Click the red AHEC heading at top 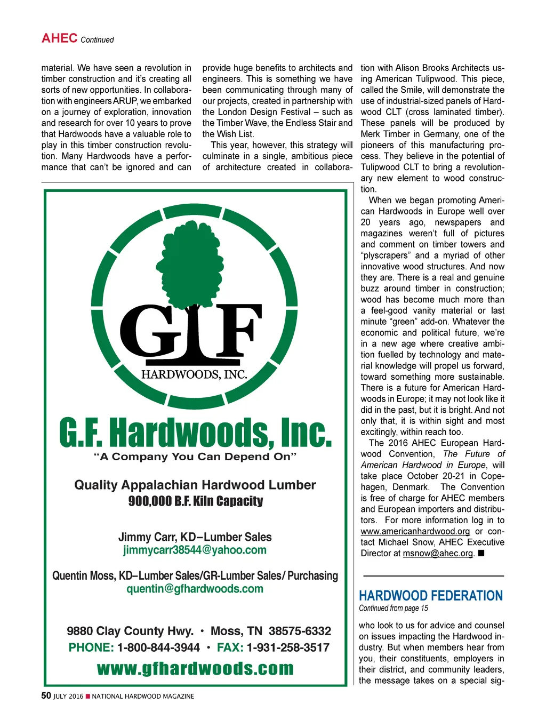coord(60,38)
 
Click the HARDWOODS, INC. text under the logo coord(194,374)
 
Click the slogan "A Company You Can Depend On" coord(195,457)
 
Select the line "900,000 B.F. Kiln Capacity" coord(195,501)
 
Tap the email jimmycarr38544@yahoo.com coord(195,550)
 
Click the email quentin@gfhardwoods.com coord(195,589)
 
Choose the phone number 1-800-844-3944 coord(158,647)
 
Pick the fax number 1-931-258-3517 coord(288,647)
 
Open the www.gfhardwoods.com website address coord(195,669)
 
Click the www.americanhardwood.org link coord(415,531)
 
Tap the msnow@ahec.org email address coord(438,553)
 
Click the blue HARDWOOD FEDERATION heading coord(431,596)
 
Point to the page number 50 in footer coord(46,695)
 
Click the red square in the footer coord(88,696)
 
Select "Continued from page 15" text coord(394,609)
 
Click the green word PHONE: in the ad coord(91,647)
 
